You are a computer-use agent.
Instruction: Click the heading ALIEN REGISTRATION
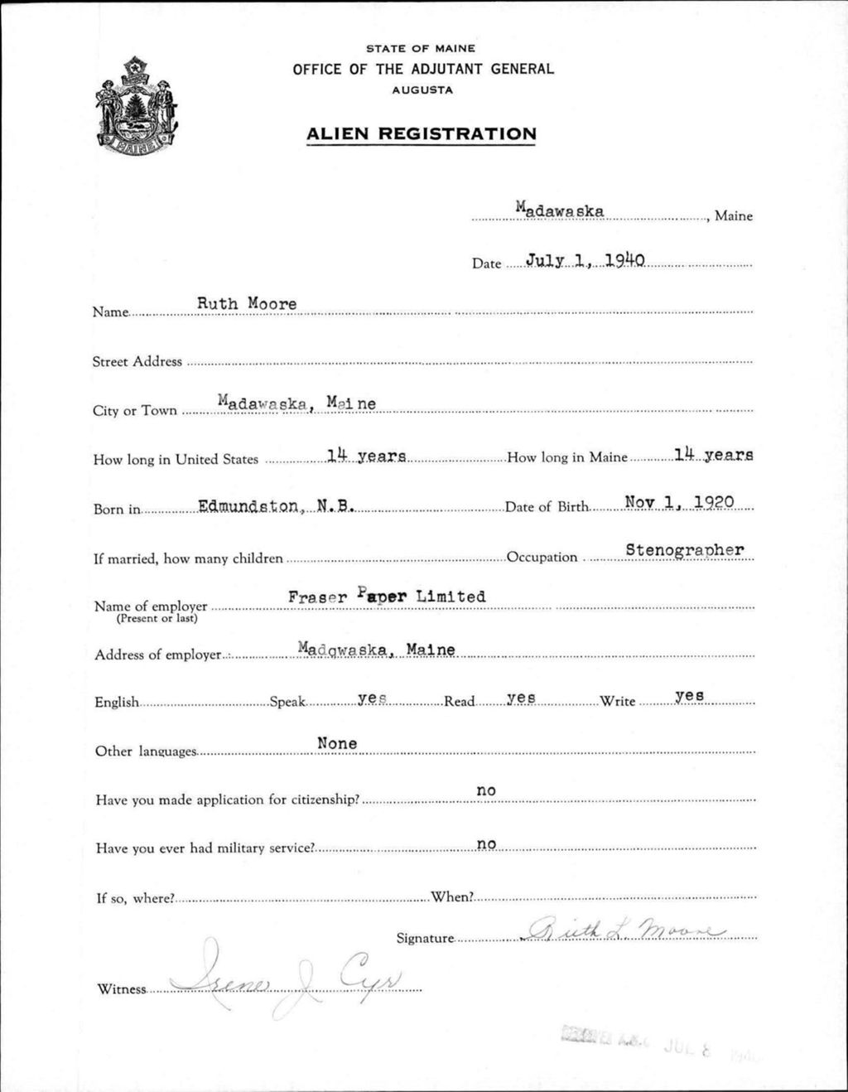[421, 133]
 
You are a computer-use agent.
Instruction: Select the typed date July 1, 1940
[585, 261]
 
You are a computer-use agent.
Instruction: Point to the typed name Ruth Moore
[246, 304]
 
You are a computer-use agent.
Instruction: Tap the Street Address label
[137, 361]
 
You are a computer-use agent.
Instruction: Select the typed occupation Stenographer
[685, 549]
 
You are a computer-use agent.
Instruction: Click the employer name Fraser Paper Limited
[387, 597]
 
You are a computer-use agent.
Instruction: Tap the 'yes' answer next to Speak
[373, 698]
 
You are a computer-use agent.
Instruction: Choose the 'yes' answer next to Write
[689, 696]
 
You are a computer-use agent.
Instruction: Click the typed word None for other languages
[337, 743]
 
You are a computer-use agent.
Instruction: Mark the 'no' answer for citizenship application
[486, 791]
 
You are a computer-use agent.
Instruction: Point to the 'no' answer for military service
[486, 843]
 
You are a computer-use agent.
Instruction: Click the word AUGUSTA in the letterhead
[422, 90]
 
